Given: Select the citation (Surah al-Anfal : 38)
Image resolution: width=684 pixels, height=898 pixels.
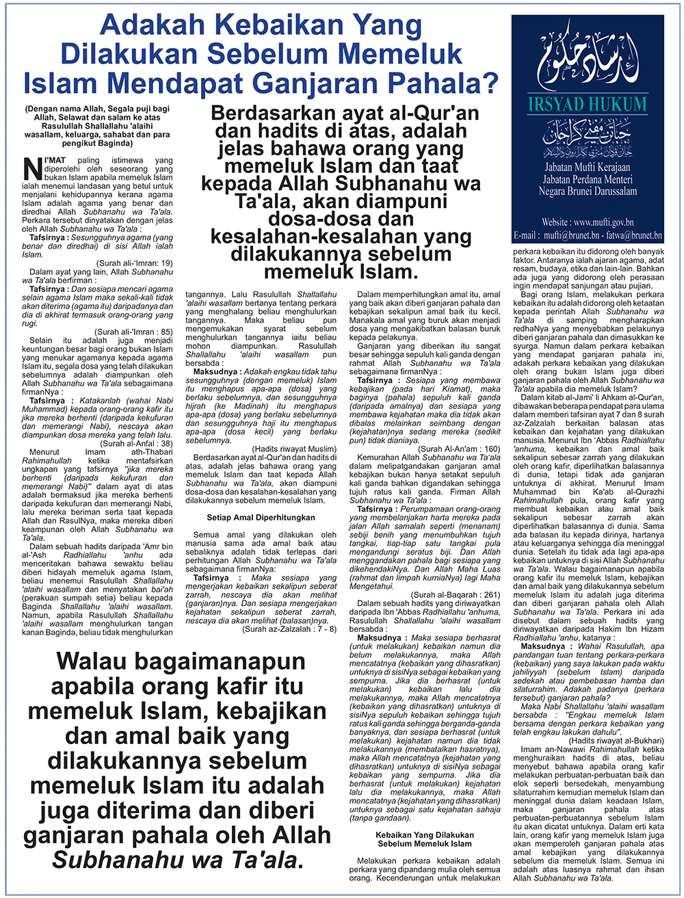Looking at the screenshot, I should pos(136,443).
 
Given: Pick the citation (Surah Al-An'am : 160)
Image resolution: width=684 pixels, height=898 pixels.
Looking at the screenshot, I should pos(464,448).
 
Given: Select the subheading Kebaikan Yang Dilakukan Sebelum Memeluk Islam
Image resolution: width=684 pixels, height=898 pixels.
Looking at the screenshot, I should pos(425,839).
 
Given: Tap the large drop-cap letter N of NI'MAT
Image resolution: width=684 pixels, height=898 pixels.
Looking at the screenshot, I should pos(31,167).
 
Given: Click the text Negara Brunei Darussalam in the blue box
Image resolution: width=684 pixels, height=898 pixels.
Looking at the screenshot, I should pos(588,192).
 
